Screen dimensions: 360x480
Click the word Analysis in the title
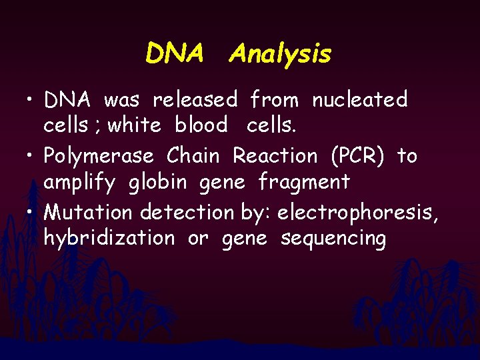[279, 53]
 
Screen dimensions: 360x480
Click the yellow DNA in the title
[174, 53]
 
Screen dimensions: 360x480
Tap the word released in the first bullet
[195, 100]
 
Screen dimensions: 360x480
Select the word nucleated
[359, 100]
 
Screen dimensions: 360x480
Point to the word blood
[201, 125]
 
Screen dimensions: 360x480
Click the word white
[134, 125]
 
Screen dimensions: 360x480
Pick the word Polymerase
[98, 157]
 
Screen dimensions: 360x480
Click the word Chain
[193, 156]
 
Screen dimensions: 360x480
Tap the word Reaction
[275, 156]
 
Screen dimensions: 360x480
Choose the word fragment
[304, 181]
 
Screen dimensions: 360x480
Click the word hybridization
[109, 238]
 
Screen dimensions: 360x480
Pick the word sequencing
[333, 238]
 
